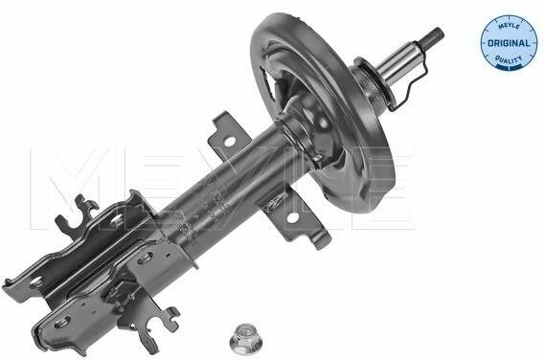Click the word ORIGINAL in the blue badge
tap(509, 43)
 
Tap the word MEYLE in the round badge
tap(509, 27)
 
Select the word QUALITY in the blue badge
tap(509, 58)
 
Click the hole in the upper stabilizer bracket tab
tap(230, 142)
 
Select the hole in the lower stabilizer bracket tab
tap(293, 217)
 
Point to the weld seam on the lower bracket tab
tap(275, 201)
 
